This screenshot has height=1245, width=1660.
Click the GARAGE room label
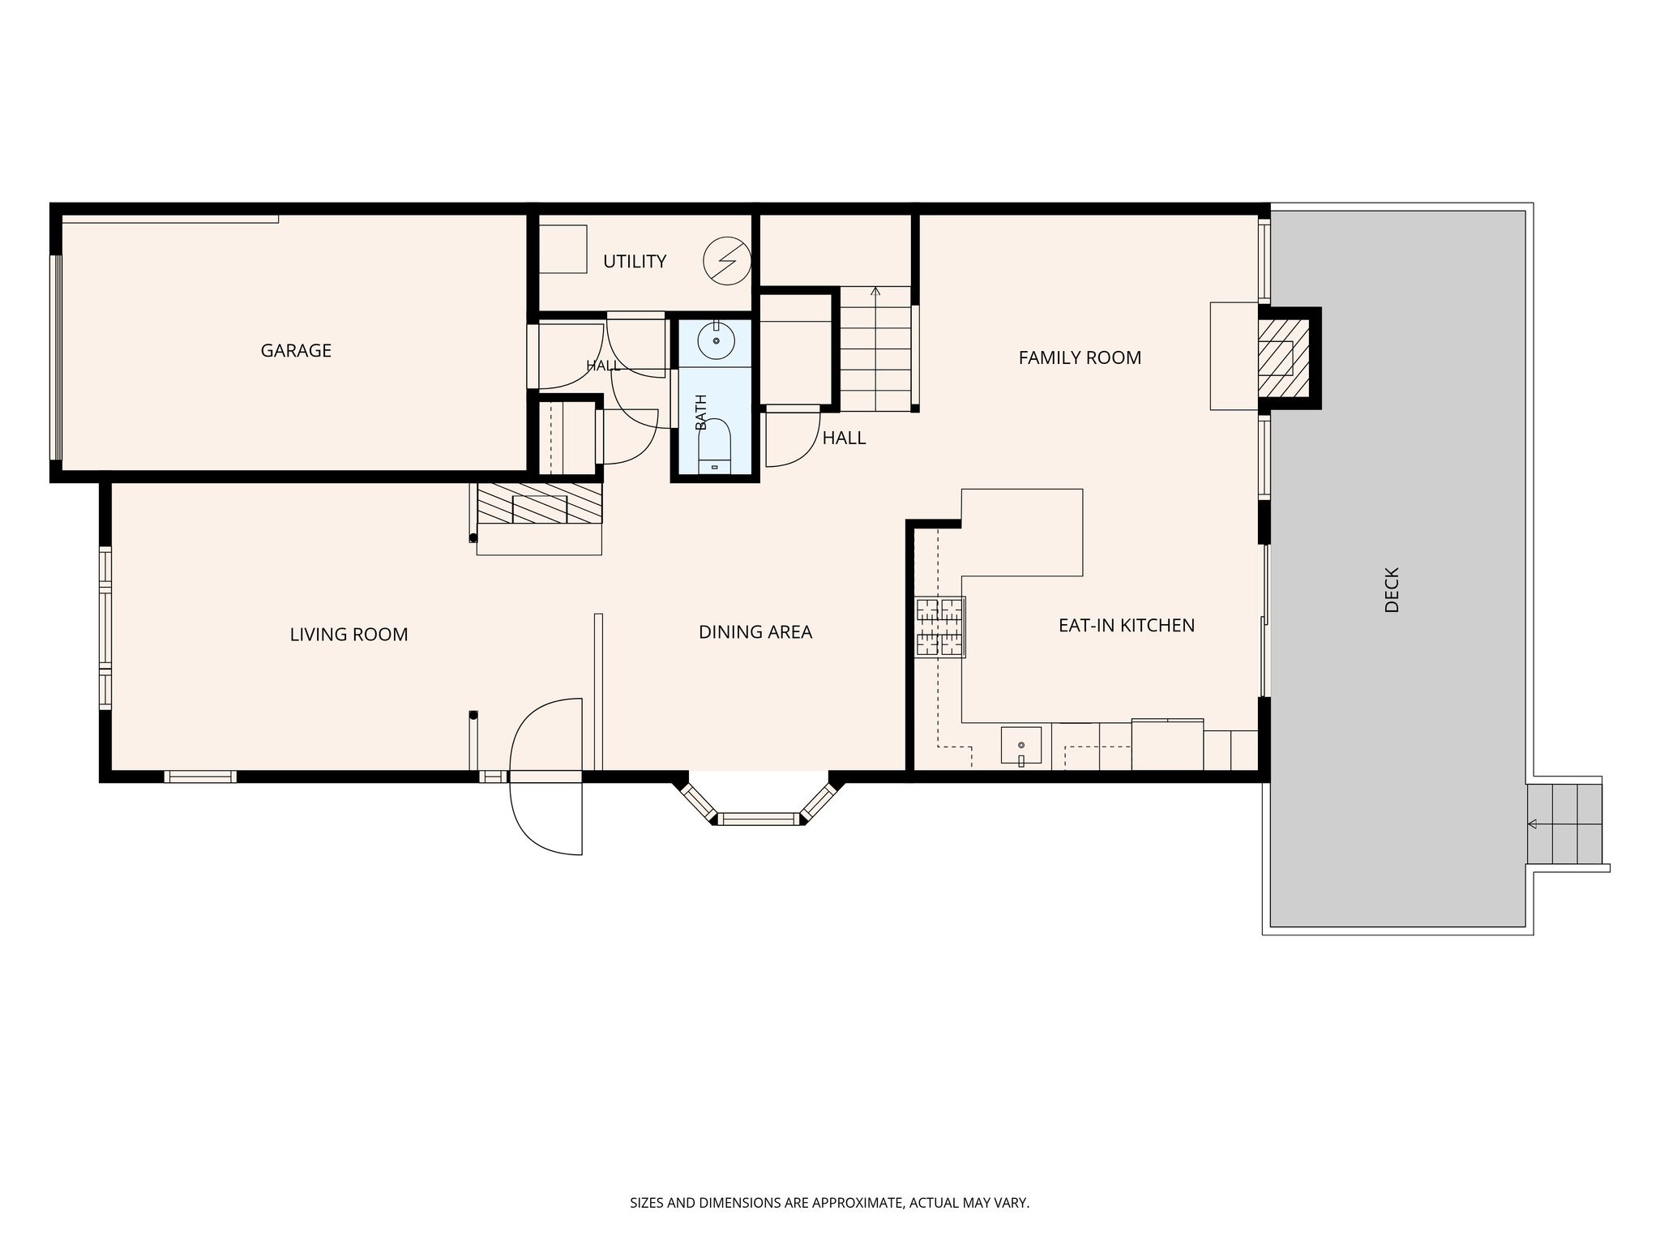(296, 350)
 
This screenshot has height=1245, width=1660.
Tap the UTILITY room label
(635, 261)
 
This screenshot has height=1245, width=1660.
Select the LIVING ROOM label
(349, 635)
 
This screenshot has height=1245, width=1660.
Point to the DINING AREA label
(755, 632)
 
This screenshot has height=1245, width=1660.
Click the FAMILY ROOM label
(1080, 357)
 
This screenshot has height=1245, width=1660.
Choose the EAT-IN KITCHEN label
(1127, 626)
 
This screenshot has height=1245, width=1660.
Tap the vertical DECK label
(1393, 589)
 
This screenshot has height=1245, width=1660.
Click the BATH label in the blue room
(701, 413)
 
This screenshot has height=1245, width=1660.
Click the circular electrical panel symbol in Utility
(726, 261)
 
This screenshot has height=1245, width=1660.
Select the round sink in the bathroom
(716, 340)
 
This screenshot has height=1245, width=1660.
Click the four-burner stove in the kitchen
(940, 627)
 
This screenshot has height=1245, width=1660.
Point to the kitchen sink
(1021, 746)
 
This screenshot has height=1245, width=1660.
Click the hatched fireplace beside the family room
(1283, 358)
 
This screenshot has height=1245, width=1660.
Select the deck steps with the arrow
(1564, 824)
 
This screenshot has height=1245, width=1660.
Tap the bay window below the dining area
(759, 806)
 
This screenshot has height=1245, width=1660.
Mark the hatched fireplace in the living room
(540, 503)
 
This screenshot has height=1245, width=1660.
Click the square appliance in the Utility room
(563, 249)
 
